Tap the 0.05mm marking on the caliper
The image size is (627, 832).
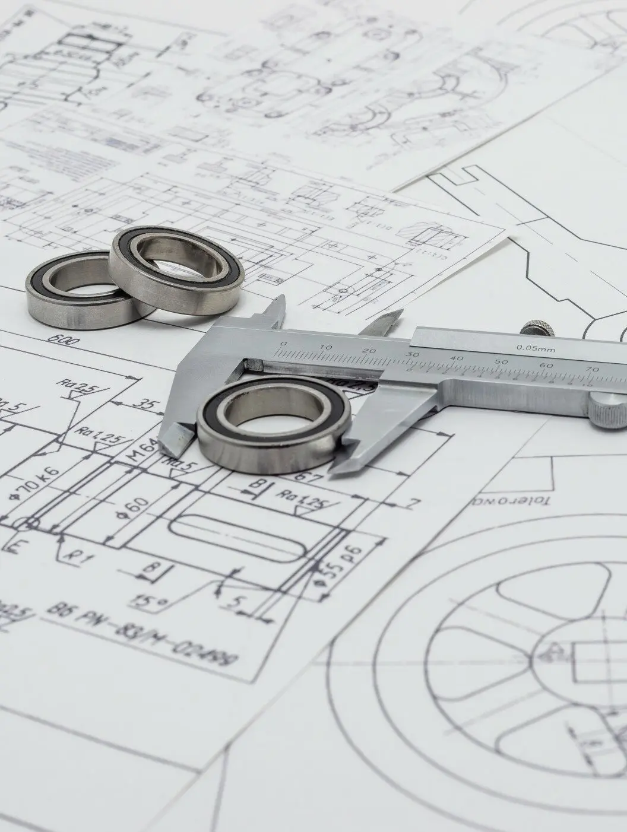click(x=535, y=348)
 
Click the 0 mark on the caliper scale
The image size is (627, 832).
click(x=283, y=344)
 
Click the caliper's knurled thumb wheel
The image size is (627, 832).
click(x=609, y=410)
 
